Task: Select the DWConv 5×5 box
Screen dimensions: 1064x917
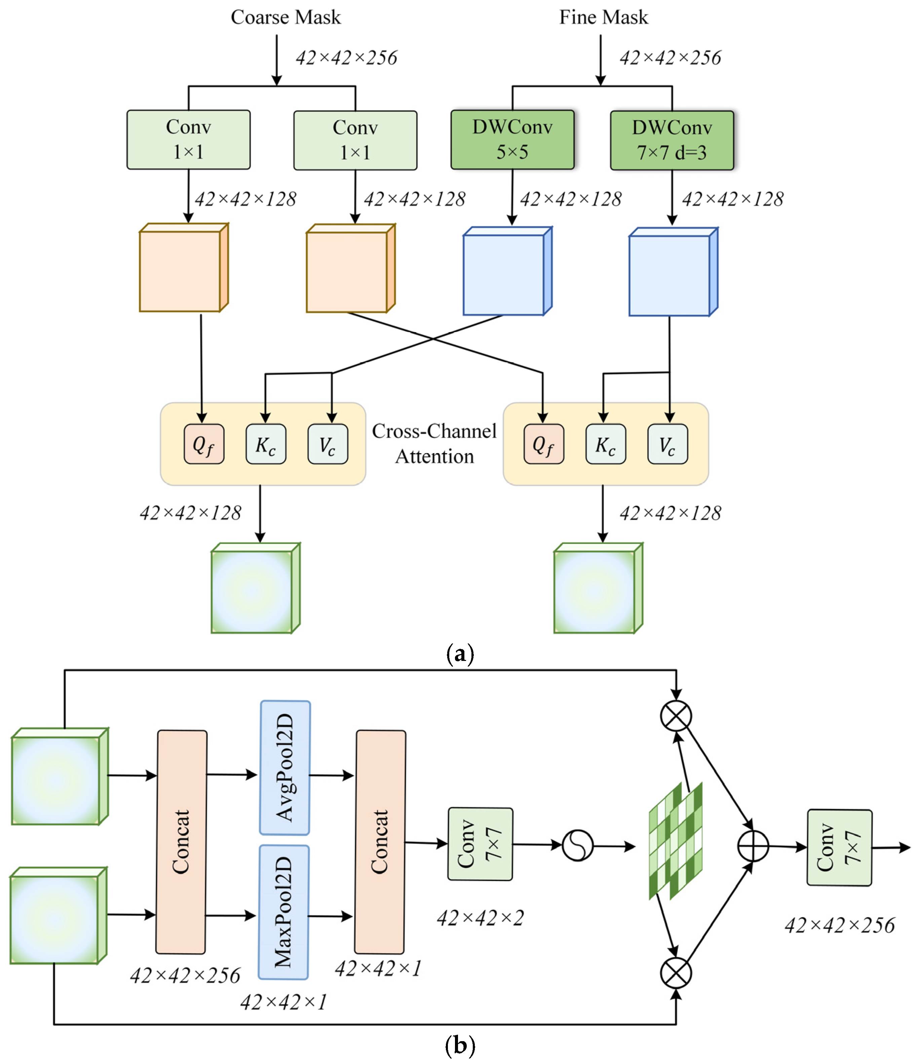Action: (x=512, y=139)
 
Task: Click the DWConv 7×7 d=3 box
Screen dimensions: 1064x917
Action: (x=672, y=140)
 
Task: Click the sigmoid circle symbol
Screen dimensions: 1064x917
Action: (x=577, y=845)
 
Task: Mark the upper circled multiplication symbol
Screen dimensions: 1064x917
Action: (x=676, y=715)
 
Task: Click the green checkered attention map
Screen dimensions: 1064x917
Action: (x=676, y=841)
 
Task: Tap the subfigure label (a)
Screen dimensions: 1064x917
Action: (x=460, y=654)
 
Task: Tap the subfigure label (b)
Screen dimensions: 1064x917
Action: (x=460, y=1045)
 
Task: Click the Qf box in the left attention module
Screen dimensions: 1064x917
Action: (x=204, y=444)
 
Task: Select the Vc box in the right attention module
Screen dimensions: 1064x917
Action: (x=667, y=444)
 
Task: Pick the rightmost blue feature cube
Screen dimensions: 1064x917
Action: (x=673, y=272)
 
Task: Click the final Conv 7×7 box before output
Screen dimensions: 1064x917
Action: (x=839, y=847)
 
